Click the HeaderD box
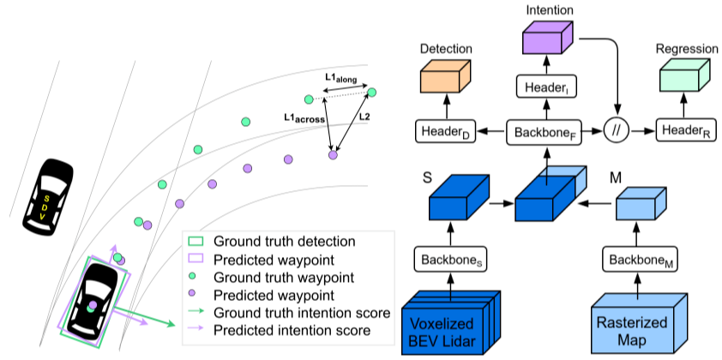point(445,132)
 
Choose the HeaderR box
point(685,132)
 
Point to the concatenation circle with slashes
point(617,132)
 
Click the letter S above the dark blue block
point(427,181)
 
